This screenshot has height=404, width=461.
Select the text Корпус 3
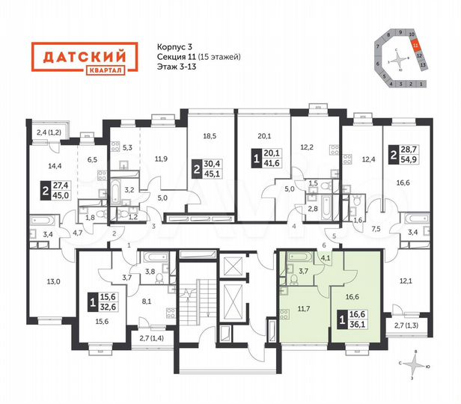(x=179, y=46)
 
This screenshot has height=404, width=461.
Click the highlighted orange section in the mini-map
(x=415, y=46)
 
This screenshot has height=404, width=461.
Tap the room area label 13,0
(x=52, y=282)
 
